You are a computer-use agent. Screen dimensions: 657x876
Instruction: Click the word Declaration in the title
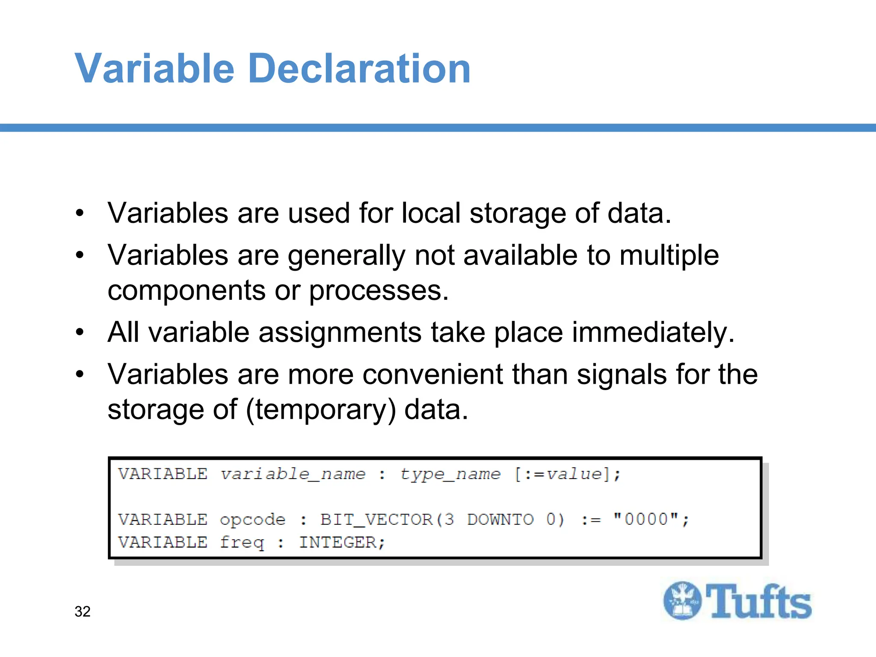359,68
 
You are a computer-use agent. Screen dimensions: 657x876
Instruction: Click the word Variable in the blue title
154,68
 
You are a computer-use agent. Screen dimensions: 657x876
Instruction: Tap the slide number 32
83,612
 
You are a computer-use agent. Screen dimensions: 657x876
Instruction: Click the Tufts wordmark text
758,601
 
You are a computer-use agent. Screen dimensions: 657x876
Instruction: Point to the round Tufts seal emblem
683,601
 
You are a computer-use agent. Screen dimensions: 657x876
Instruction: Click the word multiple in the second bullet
669,255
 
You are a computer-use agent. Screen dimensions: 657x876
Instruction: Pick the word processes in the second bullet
379,290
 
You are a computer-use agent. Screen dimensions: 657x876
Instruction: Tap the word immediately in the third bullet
653,332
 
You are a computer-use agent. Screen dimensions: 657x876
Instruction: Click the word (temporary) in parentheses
321,409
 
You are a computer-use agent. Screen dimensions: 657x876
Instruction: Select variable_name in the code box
293,474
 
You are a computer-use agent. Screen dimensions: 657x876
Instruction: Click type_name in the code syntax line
450,474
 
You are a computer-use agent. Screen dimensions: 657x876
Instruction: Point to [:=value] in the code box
567,474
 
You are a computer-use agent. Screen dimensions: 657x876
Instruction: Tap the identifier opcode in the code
252,520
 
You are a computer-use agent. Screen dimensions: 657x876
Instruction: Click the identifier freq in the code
242,542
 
